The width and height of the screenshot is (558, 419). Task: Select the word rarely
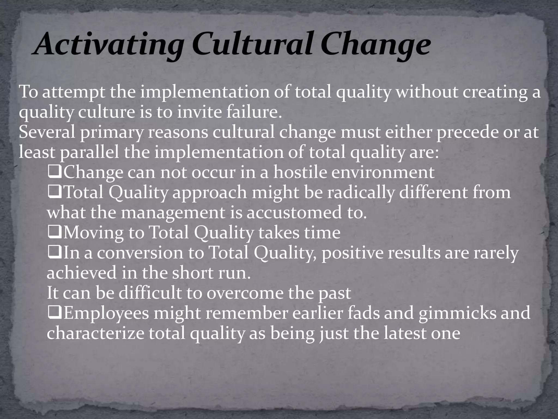[496, 253]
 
